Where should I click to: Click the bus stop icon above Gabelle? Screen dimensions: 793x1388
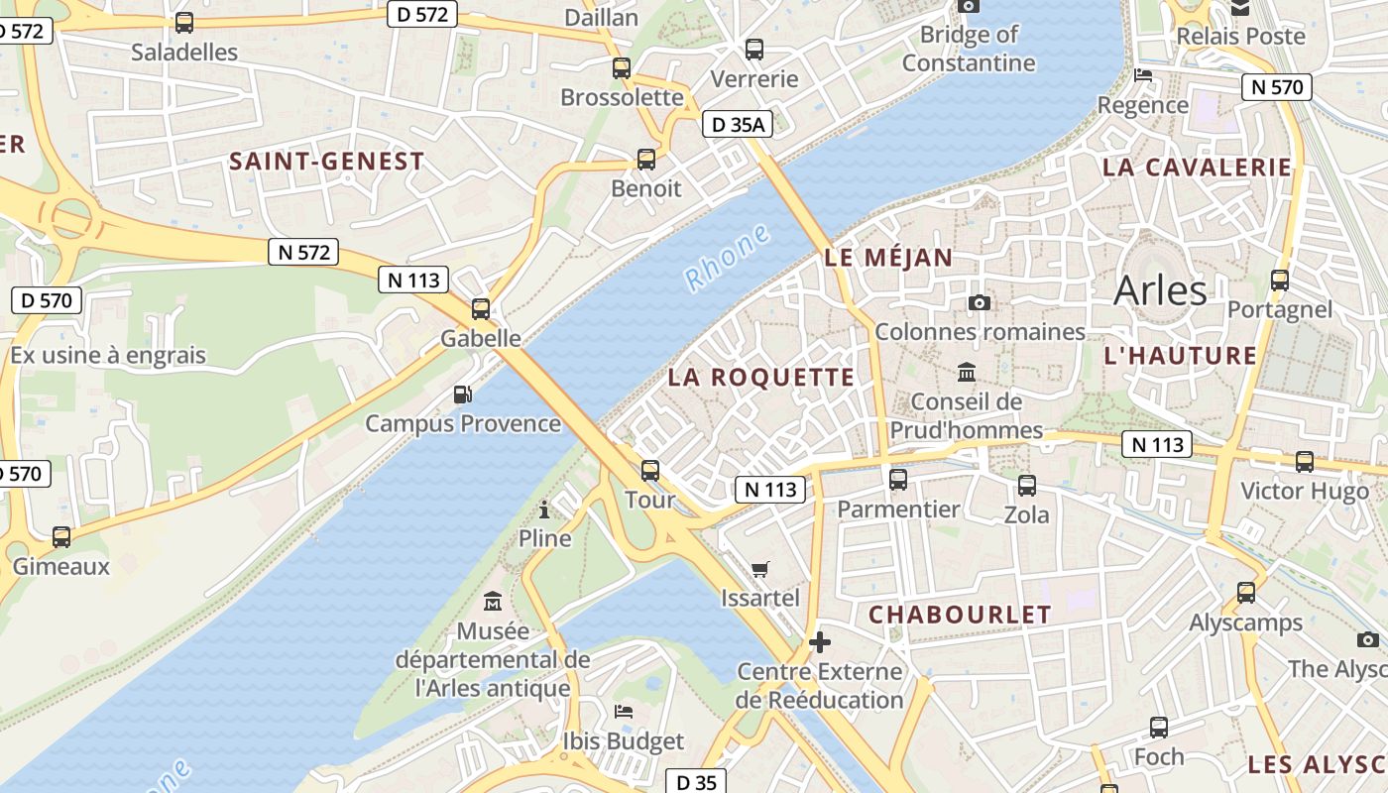pyautogui.click(x=481, y=308)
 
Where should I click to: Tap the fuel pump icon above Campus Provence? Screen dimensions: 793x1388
pyautogui.click(x=462, y=395)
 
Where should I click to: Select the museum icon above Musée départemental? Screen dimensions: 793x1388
pyautogui.click(x=493, y=601)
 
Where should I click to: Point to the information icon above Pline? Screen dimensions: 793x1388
pyautogui.click(x=544, y=510)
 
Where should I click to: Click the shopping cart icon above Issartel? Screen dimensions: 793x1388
pyautogui.click(x=760, y=569)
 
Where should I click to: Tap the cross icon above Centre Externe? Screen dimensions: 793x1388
pyautogui.click(x=819, y=642)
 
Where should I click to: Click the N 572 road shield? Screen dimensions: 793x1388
pyautogui.click(x=303, y=252)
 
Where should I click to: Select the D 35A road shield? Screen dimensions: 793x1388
pyautogui.click(x=737, y=124)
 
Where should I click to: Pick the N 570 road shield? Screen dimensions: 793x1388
pyautogui.click(x=1277, y=87)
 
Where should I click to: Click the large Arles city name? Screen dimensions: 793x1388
pyautogui.click(x=1160, y=290)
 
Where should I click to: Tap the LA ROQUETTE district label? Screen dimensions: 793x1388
pyautogui.click(x=760, y=377)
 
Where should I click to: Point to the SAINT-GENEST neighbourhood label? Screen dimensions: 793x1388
pyautogui.click(x=326, y=161)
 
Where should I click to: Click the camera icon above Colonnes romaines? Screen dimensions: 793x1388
pyautogui.click(x=980, y=302)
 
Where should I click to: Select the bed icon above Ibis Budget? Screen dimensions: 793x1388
pyautogui.click(x=624, y=712)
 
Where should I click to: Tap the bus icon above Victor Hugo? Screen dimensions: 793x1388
pyautogui.click(x=1305, y=462)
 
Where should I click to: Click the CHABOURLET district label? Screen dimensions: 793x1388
pyautogui.click(x=960, y=615)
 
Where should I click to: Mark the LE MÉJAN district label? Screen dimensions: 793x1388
pyautogui.click(x=888, y=258)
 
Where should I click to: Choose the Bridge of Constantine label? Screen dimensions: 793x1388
pyautogui.click(x=969, y=49)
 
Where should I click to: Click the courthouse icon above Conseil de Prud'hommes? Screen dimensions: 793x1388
pyautogui.click(x=967, y=373)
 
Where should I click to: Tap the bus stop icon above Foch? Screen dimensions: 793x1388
pyautogui.click(x=1158, y=728)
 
